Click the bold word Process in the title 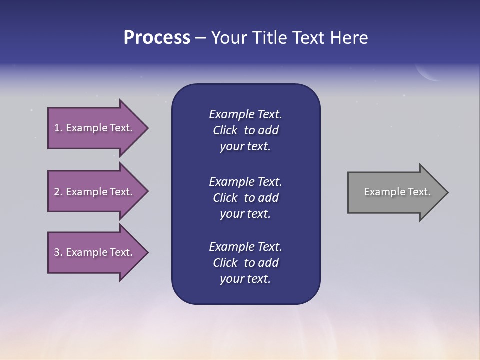click(x=157, y=38)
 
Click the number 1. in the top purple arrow click(x=58, y=128)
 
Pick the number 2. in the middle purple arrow click(x=58, y=192)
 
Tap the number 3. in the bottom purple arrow click(x=58, y=252)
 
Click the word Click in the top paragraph click(x=225, y=130)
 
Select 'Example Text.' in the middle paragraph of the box click(x=245, y=182)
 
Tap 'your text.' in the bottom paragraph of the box click(x=245, y=279)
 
